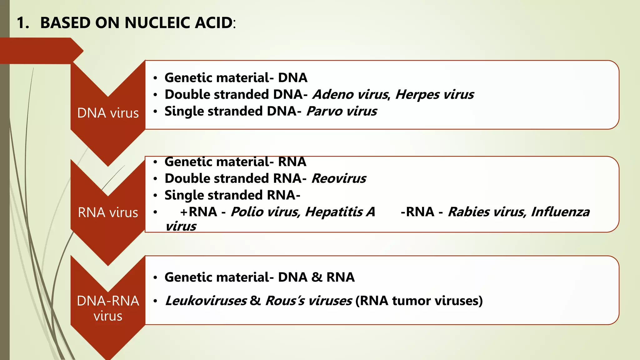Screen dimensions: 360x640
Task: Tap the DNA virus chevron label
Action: tap(108, 113)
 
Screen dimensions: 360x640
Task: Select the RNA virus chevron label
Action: tap(108, 212)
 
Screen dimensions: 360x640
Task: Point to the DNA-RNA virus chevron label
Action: tap(108, 308)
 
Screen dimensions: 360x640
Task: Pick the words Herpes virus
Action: tap(434, 94)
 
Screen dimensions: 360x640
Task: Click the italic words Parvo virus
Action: tap(342, 111)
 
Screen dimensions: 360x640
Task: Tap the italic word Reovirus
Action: tap(339, 178)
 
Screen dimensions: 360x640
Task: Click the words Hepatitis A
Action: tap(340, 212)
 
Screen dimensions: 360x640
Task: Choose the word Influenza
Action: tap(560, 212)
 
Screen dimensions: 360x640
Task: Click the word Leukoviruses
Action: tap(206, 301)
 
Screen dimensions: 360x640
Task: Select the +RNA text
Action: tap(198, 212)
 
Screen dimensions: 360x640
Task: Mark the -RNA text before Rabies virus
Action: tap(417, 212)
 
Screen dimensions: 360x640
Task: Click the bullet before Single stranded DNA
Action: tap(155, 112)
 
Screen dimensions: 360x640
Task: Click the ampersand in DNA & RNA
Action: tap(317, 277)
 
